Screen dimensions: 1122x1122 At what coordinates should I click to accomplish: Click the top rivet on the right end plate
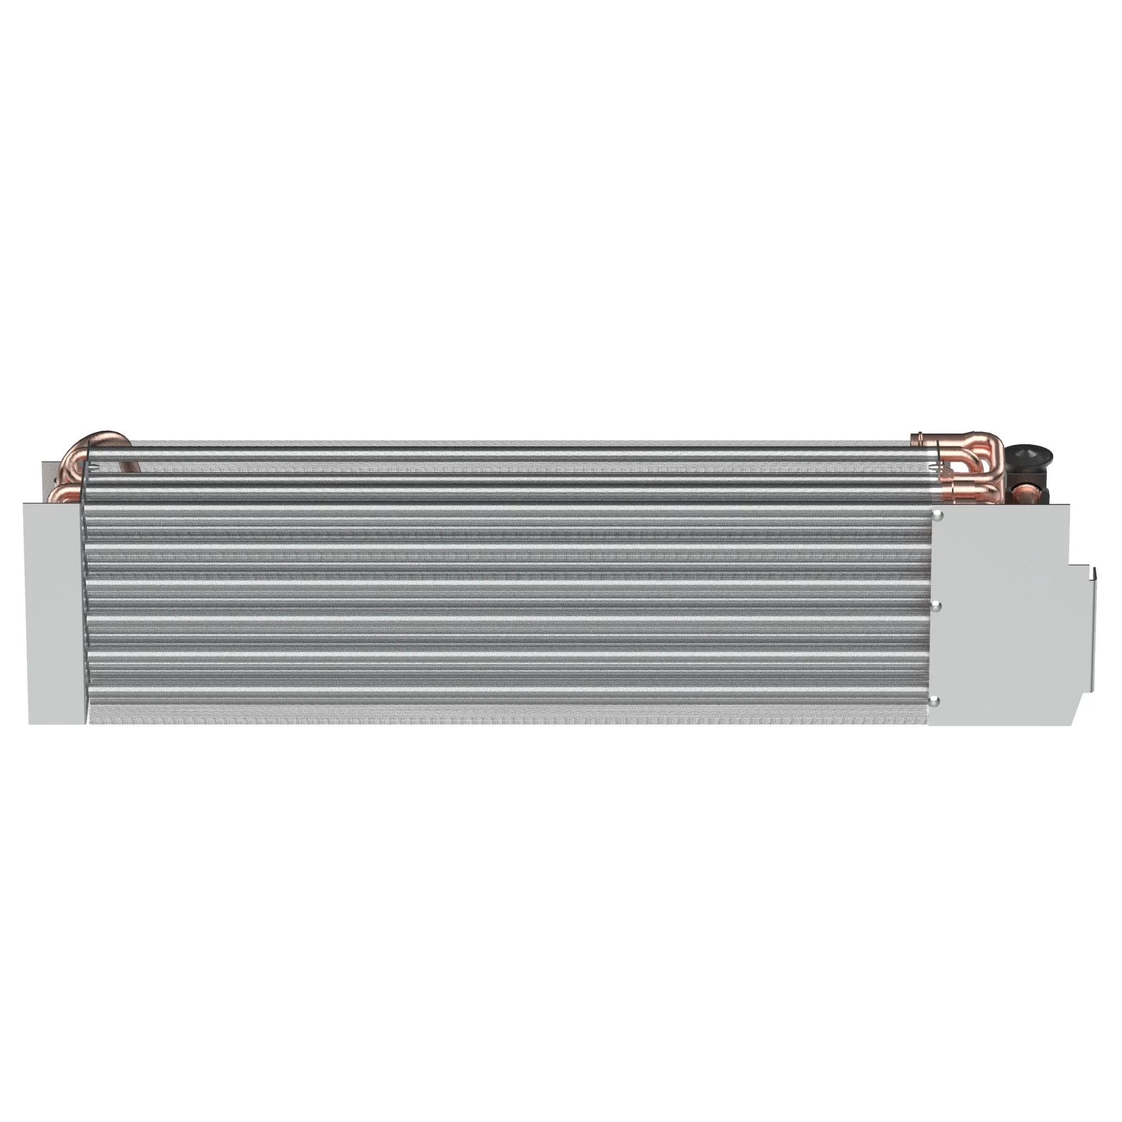[937, 516]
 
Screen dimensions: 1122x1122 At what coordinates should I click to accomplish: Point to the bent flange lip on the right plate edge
[1092, 633]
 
